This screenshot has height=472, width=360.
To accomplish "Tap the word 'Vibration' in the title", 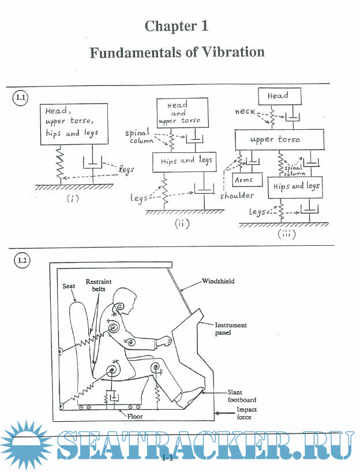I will tap(234, 52).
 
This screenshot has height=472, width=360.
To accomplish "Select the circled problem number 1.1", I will tap(20, 98).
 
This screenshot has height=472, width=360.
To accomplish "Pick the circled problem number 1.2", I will tap(21, 260).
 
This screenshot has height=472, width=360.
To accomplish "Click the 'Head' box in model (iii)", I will tap(277, 95).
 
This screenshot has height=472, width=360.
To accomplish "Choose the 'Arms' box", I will tap(244, 180).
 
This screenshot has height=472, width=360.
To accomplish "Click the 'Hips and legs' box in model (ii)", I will tap(182, 160).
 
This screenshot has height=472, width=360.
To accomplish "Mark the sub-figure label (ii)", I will tap(183, 224).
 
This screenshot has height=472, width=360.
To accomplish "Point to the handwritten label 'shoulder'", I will tap(237, 196).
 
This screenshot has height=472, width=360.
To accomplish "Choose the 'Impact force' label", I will tap(247, 413).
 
